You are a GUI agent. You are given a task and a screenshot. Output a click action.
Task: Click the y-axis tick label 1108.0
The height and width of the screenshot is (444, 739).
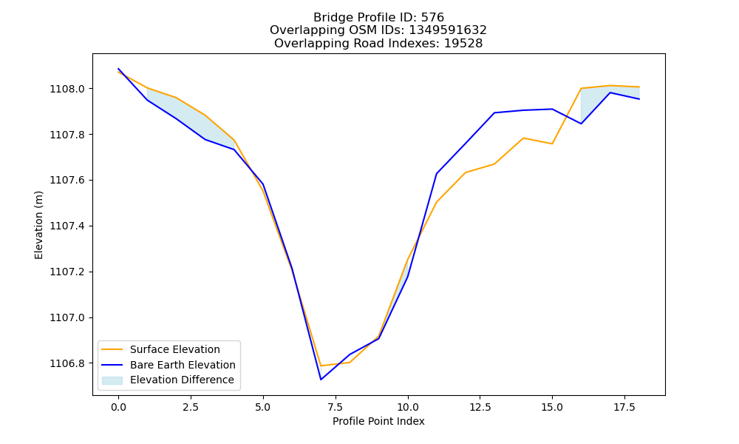tap(67, 90)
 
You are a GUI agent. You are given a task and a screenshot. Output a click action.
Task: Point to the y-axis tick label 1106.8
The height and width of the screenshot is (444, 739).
tap(67, 363)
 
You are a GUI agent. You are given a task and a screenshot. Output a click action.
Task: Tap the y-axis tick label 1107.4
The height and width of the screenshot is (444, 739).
tap(67, 226)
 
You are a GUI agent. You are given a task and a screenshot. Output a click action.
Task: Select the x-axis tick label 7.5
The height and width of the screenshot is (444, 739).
tap(335, 407)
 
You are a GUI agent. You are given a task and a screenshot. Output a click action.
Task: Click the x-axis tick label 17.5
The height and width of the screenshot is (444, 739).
tap(624, 407)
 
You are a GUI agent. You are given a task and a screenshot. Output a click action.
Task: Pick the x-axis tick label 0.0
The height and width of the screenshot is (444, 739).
tap(118, 407)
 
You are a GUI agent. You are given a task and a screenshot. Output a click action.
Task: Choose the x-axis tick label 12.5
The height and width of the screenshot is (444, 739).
tap(480, 407)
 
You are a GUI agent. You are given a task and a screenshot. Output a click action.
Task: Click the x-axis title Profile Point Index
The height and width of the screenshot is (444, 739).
tap(378, 421)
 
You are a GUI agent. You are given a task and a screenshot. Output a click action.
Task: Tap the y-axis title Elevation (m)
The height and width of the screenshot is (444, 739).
tap(38, 225)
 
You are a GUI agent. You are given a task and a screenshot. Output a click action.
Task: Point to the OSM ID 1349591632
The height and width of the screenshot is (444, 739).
tap(448, 30)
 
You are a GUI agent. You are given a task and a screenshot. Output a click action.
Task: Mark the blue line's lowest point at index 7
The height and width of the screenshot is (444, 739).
tap(321, 380)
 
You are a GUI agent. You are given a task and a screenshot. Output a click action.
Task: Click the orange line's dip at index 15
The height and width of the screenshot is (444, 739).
tap(552, 144)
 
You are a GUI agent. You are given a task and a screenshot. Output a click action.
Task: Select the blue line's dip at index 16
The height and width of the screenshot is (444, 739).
tap(581, 124)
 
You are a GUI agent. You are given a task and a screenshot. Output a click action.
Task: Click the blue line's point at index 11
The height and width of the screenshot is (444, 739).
tap(437, 174)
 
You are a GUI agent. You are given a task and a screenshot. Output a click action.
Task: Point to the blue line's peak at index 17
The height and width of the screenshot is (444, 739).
tap(610, 92)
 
